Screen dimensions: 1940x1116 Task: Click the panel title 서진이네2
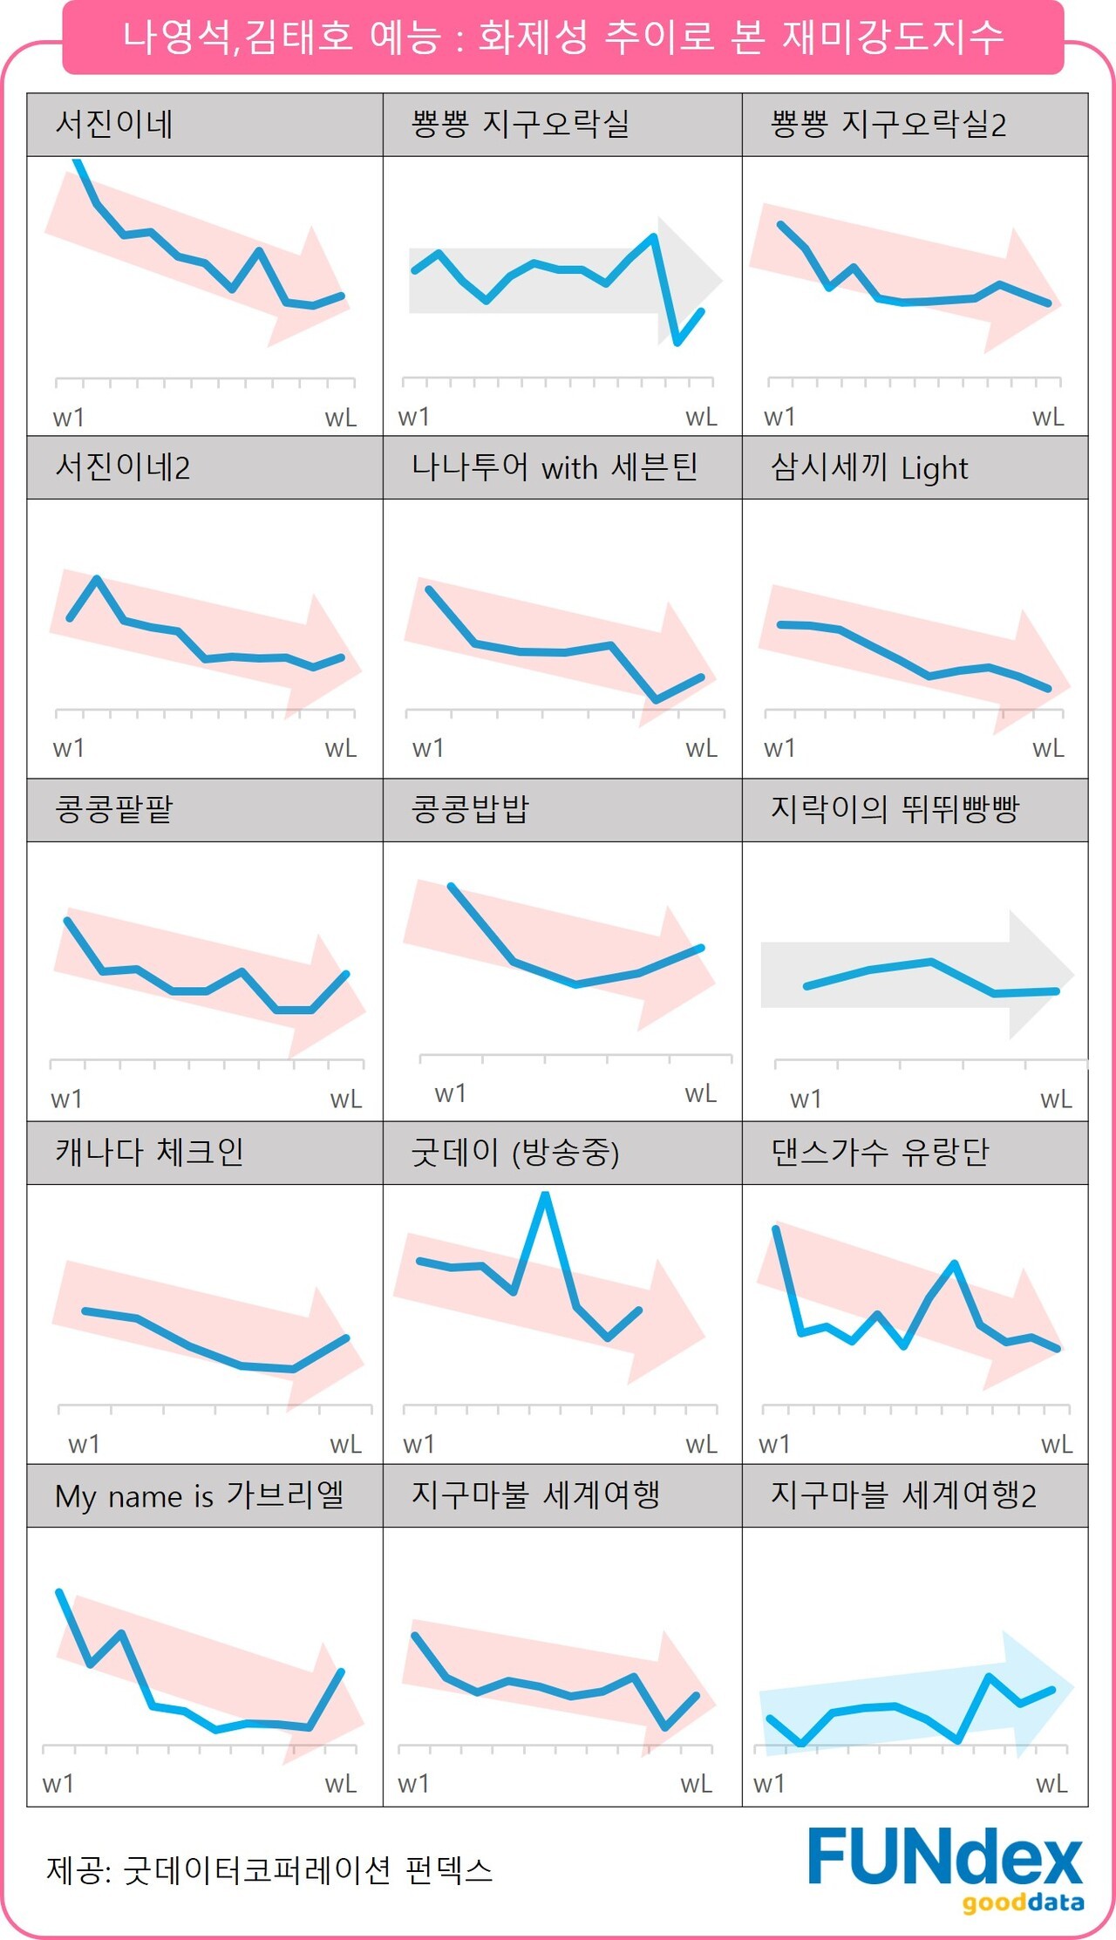[122, 467]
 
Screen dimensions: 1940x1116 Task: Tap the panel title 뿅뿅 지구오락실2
[888, 124]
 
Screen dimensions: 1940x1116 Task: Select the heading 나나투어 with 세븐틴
[555, 467]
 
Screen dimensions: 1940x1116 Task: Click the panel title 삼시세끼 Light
[868, 467]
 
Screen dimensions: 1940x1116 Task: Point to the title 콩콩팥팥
[113, 809]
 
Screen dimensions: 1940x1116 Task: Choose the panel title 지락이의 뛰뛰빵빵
[895, 809]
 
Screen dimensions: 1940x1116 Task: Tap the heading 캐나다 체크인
[149, 1152]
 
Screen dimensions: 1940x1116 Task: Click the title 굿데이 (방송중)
[514, 1152]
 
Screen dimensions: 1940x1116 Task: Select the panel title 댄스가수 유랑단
[880, 1152]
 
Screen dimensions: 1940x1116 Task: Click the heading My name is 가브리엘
[199, 1495]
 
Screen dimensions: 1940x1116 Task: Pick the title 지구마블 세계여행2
[903, 1495]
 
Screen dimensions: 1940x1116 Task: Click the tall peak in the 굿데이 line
[545, 1195]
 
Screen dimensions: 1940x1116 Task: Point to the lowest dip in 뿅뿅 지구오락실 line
[677, 343]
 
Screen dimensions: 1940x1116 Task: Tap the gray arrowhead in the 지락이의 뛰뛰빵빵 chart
[1041, 974]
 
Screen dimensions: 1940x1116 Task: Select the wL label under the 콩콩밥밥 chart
[700, 1093]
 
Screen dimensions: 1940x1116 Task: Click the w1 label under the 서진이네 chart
[68, 418]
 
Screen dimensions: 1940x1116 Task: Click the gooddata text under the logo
[1023, 1903]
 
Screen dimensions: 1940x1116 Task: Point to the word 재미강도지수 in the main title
[893, 37]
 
